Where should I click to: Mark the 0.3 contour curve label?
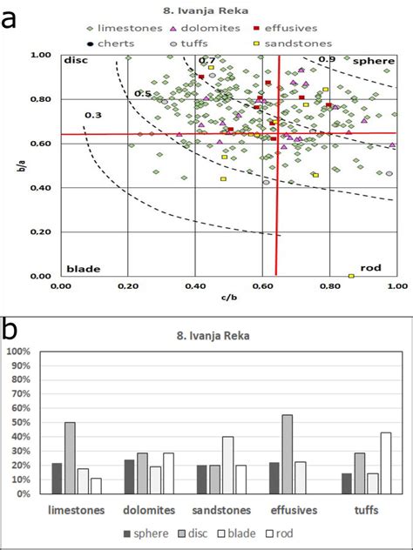click(x=92, y=115)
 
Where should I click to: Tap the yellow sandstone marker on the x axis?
click(x=351, y=276)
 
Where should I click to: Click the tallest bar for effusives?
click(x=287, y=452)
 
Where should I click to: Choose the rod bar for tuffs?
click(x=385, y=460)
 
